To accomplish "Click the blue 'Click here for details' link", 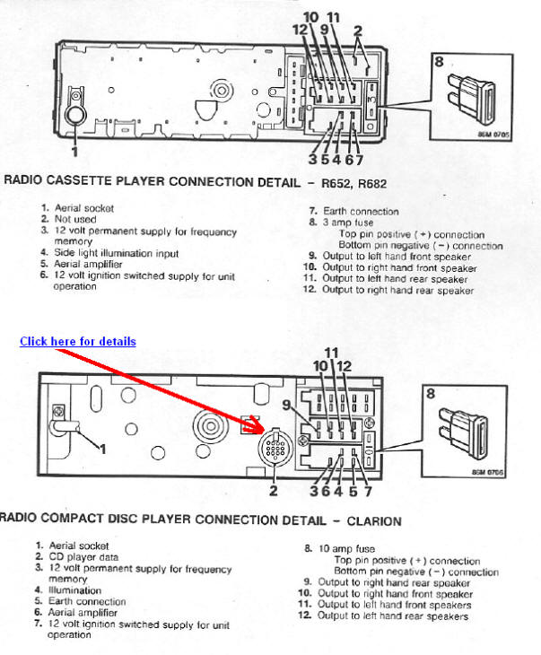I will pos(78,342).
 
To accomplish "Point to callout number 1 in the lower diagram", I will pos(102,447).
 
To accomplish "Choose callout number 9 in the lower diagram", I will pos(287,405).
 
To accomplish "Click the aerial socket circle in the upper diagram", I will pos(74,115).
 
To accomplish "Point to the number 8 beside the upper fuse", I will pos(439,62).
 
